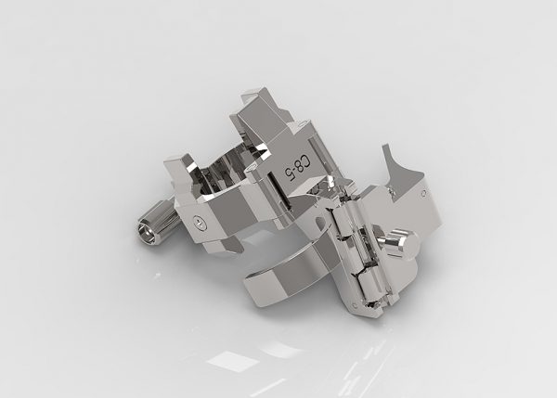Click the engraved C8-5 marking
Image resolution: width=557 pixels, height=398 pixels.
[x=297, y=168]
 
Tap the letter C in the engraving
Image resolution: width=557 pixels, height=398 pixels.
[x=306, y=162]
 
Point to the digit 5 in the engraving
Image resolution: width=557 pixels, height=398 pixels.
[x=288, y=174]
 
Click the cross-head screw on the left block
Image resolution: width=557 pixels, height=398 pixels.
[x=200, y=223]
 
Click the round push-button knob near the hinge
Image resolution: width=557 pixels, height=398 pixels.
[x=403, y=244]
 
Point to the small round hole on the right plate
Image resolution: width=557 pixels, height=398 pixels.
[x=423, y=194]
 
